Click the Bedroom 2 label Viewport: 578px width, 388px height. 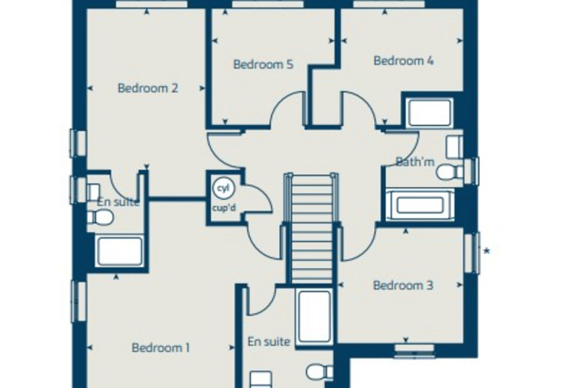coord(148,88)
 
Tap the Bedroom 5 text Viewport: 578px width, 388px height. coord(263,64)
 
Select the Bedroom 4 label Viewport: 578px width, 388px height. coord(404,61)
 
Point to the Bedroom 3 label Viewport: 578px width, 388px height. coord(403,285)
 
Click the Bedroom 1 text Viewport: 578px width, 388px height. coord(160,348)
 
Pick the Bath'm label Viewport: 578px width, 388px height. coord(415,161)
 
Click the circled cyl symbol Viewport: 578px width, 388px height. coord(223,188)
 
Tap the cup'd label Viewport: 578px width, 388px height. coord(224,208)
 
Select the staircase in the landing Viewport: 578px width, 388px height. coord(312,228)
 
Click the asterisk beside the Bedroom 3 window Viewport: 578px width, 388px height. coord(486,251)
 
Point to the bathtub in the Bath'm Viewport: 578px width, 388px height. coord(420,205)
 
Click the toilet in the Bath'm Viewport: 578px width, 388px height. coord(449,172)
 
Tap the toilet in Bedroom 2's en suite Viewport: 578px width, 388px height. coord(100,217)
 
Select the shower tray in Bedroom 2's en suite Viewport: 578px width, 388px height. coord(120,251)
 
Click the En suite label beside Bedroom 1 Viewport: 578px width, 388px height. coord(269,342)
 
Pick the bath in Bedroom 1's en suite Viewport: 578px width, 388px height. coord(314,316)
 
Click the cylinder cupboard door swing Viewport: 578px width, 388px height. coord(259,198)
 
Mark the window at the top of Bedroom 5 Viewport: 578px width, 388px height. coord(268,4)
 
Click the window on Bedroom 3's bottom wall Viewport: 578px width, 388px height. coord(415,351)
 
